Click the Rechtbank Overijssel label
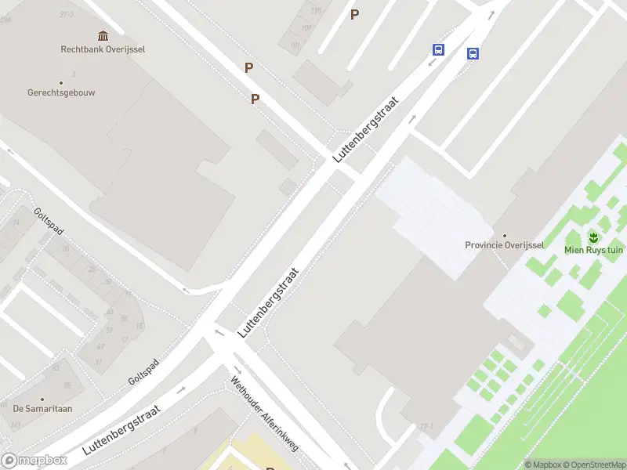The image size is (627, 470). (103, 49)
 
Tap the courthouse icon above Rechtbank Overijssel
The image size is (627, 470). (103, 35)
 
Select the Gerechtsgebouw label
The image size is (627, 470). (61, 92)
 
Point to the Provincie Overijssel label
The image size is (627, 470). (505, 244)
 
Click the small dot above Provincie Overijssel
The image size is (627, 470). (505, 234)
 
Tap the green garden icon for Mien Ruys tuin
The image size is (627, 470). (593, 237)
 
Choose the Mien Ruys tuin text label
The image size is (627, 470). (593, 250)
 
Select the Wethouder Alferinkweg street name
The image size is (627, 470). (264, 414)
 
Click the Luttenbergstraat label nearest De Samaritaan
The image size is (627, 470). (121, 430)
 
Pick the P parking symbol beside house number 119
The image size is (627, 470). (354, 14)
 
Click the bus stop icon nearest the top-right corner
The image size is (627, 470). (473, 53)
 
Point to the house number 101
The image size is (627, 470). (295, 44)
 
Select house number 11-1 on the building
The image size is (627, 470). (426, 426)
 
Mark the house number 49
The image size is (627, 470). (100, 347)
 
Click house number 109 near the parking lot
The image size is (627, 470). (306, 27)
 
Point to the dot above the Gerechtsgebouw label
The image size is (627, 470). (61, 81)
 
